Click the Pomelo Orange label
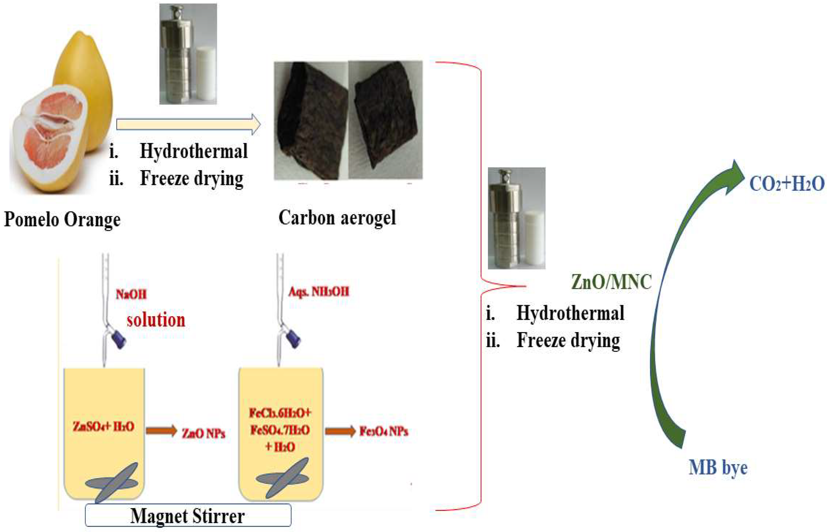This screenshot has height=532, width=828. click(x=62, y=219)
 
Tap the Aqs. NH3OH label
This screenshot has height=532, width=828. click(x=319, y=292)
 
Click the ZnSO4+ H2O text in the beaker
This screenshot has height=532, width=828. click(x=103, y=427)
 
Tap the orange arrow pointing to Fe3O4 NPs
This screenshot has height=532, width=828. click(x=340, y=431)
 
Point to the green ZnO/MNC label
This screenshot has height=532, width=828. click(x=611, y=281)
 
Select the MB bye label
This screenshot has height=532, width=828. click(x=718, y=468)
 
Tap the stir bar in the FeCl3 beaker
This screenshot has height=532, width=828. click(x=283, y=479)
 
